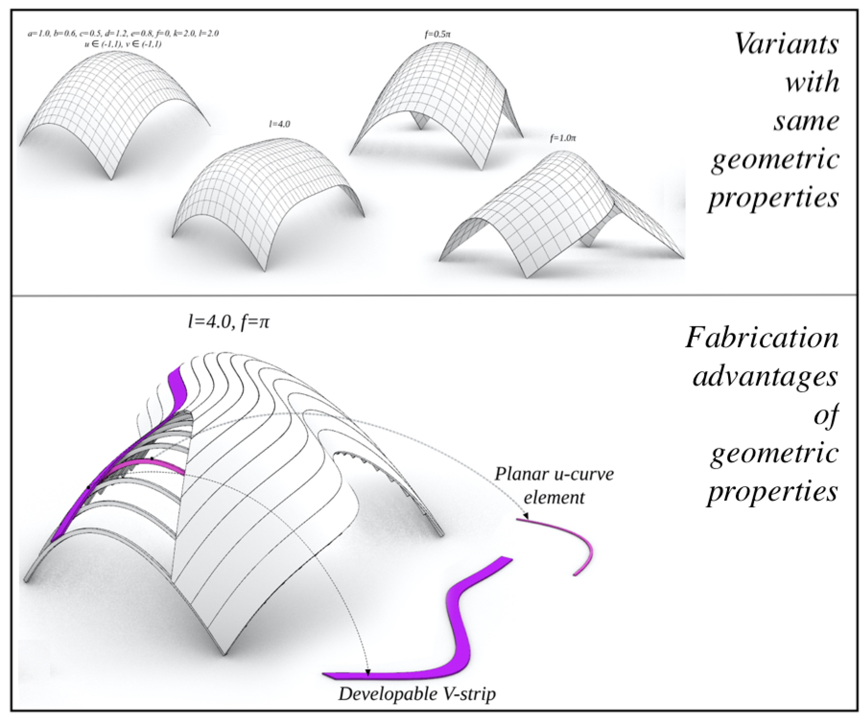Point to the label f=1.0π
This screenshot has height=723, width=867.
pos(563,138)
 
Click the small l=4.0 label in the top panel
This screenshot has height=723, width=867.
pos(280,124)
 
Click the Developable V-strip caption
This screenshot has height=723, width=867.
pos(417,694)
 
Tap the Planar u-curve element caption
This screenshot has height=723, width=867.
pos(554,485)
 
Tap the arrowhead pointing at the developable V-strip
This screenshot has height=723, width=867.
pos(368,672)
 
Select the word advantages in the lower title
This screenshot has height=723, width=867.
pos(765,377)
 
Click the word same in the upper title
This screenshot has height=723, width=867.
pos(806,121)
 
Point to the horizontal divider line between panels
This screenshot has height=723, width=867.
pos(434,295)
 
